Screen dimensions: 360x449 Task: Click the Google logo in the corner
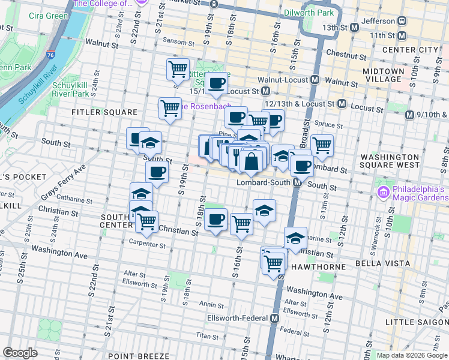[x=20, y=353]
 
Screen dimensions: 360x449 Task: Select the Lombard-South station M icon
[x=297, y=182]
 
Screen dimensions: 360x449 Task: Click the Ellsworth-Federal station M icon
[x=274, y=318]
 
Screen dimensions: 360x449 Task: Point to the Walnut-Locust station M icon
[x=315, y=80]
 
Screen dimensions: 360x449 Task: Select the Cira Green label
[x=49, y=15]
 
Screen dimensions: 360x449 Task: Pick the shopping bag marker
[x=251, y=161]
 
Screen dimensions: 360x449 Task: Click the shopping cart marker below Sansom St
[x=178, y=70]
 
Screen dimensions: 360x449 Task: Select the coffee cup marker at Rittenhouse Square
[x=217, y=82]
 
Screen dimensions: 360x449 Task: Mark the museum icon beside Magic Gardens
[x=383, y=192]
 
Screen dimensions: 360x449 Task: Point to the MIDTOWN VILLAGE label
[x=383, y=75]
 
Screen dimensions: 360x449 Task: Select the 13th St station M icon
[x=354, y=28]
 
